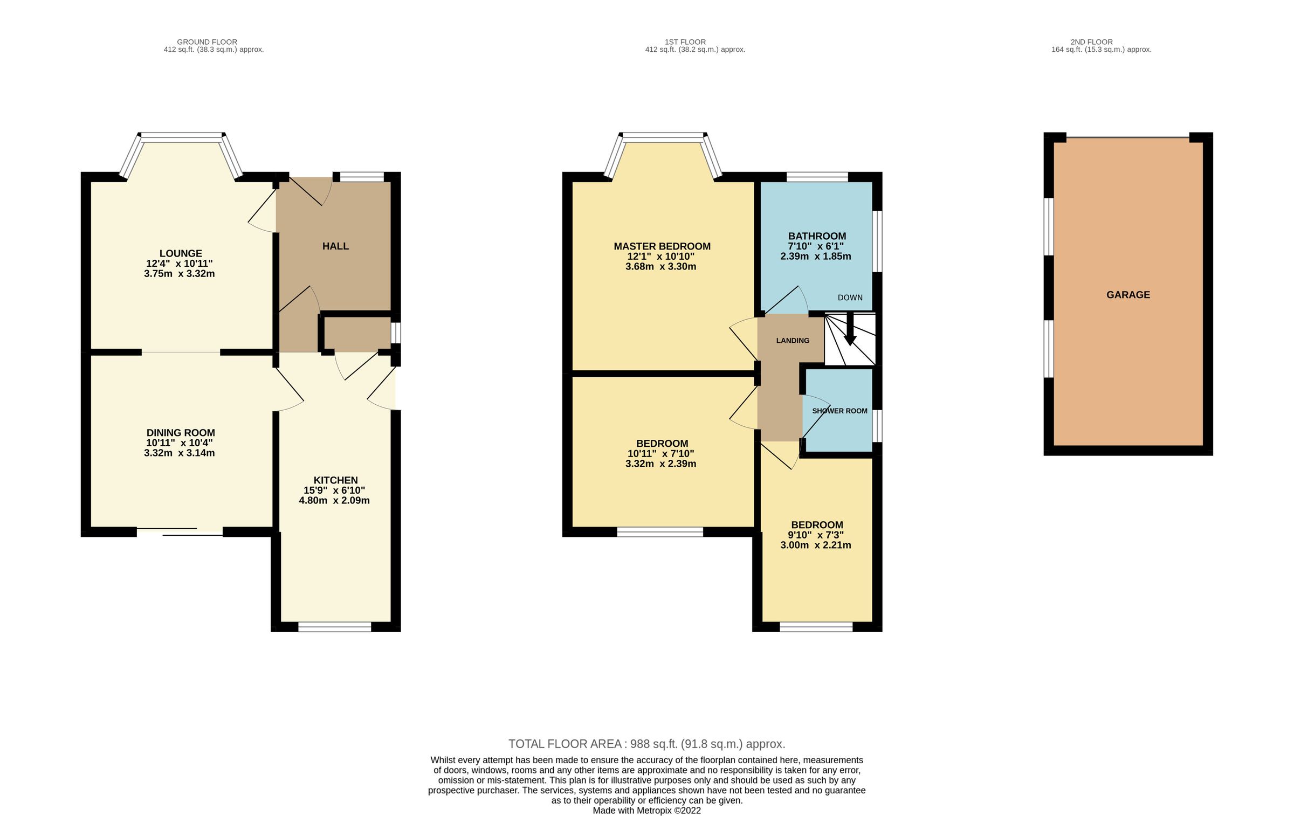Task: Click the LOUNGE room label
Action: coord(181,253)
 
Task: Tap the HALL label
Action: coord(335,246)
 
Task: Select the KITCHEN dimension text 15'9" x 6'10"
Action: coord(334,490)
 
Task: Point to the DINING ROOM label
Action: coord(181,433)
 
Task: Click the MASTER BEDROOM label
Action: coord(662,246)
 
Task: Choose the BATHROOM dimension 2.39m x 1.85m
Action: coord(816,257)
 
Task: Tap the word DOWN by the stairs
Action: coord(850,298)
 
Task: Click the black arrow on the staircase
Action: coord(850,332)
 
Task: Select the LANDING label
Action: coord(793,341)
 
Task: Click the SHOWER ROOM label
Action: coord(839,411)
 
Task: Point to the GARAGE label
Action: coord(1128,295)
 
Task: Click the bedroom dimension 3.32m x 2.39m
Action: coord(660,464)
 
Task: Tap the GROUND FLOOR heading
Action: coord(207,42)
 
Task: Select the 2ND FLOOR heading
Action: coord(1092,42)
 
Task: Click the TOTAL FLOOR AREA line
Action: coord(646,744)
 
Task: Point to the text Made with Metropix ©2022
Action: coord(646,811)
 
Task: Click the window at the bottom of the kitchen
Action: coord(335,627)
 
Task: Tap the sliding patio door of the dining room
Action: coord(180,532)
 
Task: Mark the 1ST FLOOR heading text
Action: coord(685,42)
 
